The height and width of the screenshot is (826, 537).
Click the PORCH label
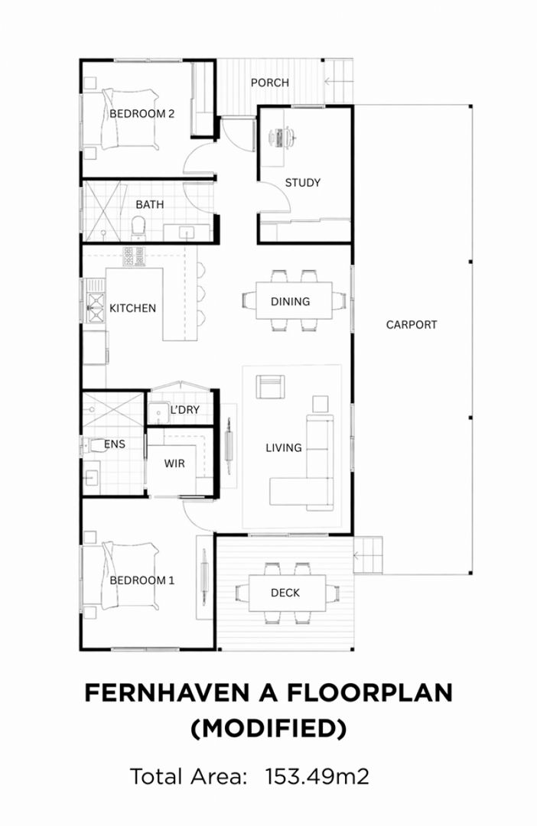coord(269,83)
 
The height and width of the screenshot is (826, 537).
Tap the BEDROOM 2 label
coord(142,114)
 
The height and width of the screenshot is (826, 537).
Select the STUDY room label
coord(302,183)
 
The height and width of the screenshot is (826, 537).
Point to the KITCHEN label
coord(132,308)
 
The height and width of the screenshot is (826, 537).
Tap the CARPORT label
coord(411,324)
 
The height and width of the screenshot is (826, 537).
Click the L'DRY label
coord(184,410)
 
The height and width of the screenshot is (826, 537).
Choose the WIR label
coord(174,463)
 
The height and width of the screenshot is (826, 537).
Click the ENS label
coord(115,444)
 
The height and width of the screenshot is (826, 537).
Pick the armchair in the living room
coord(268,388)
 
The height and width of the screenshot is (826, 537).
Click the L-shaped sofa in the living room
coord(310,474)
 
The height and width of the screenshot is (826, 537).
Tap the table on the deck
coord(285,593)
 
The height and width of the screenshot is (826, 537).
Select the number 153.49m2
coord(317,777)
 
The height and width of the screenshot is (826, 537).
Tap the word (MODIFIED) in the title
coord(268,729)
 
